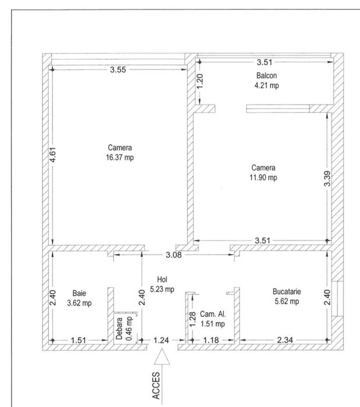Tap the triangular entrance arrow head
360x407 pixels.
pyautogui.click(x=162, y=357)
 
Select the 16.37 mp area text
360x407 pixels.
pyautogui.click(x=120, y=158)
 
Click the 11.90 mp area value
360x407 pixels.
pyautogui.click(x=263, y=177)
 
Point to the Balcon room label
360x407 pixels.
pyautogui.click(x=266, y=76)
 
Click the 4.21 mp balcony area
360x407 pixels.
pyautogui.click(x=266, y=85)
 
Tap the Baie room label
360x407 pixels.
pyautogui.click(x=79, y=293)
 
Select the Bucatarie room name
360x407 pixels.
pyautogui.click(x=287, y=291)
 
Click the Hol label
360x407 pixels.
pyautogui.click(x=162, y=279)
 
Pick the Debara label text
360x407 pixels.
pyautogui.click(x=119, y=329)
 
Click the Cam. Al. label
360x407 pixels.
pyautogui.click(x=213, y=314)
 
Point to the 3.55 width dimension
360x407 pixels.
pyautogui.click(x=118, y=70)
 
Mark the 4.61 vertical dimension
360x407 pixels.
pyautogui.click(x=53, y=155)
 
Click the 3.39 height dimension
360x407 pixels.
pyautogui.click(x=327, y=178)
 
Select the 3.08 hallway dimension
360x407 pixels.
pyautogui.click(x=174, y=255)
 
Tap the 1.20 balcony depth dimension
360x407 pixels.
pyautogui.click(x=200, y=81)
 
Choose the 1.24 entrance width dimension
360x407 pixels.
pyautogui.click(x=161, y=340)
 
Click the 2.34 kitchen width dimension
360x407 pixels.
pyautogui.click(x=285, y=340)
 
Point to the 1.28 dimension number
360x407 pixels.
pyautogui.click(x=193, y=320)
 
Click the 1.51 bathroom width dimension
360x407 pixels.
pyautogui.click(x=79, y=340)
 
